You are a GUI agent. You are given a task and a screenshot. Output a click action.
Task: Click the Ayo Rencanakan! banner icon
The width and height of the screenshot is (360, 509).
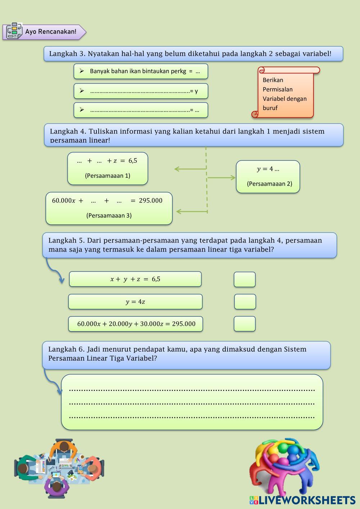(14, 31)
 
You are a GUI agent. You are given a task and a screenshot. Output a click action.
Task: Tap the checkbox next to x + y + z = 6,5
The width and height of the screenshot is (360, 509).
(244, 279)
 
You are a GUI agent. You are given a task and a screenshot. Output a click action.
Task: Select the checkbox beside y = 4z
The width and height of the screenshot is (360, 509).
(245, 302)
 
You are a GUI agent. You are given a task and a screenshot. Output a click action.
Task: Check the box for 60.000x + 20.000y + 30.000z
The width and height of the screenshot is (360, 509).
(244, 324)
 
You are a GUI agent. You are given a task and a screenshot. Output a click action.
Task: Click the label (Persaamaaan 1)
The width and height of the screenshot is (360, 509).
(108, 176)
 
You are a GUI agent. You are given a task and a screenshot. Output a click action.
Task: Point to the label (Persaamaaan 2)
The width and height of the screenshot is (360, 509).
(269, 184)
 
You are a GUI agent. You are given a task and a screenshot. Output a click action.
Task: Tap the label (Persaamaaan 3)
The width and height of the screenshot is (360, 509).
(109, 215)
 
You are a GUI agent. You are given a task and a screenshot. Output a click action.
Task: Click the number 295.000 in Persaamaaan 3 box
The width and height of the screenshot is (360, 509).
(150, 201)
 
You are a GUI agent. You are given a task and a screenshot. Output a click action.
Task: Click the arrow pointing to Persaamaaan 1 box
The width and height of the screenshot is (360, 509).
(190, 168)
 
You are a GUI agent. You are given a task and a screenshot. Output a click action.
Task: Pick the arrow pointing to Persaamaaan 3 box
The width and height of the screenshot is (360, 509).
(192, 211)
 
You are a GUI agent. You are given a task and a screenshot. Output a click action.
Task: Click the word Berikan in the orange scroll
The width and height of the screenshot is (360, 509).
(273, 80)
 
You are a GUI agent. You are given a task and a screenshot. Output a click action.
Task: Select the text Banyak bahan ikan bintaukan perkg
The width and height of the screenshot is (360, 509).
(138, 71)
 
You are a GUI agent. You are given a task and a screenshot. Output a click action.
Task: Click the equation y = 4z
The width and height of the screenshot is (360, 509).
(135, 302)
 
